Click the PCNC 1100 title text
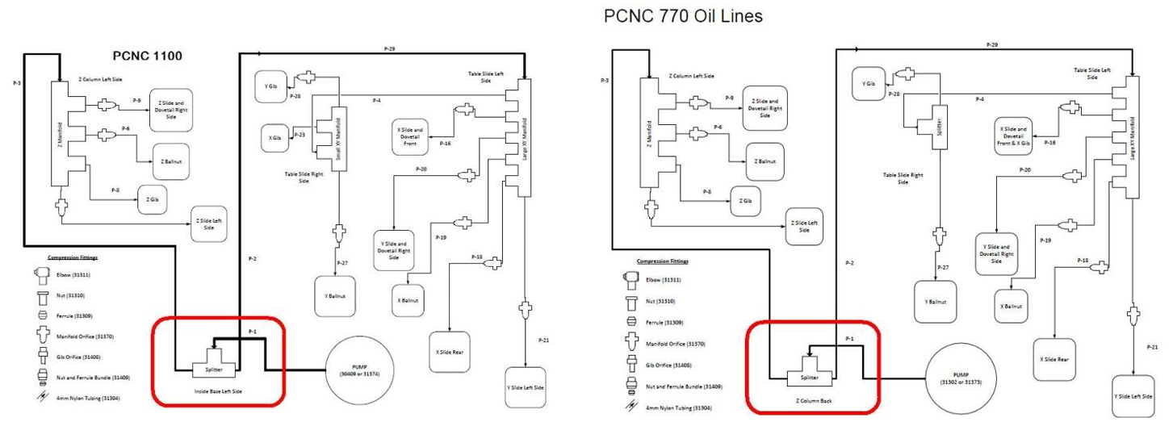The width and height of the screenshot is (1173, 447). [x=148, y=56]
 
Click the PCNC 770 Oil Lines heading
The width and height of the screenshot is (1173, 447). [x=682, y=15]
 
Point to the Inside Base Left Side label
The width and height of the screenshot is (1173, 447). [x=217, y=391]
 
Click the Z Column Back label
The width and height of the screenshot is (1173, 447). [x=811, y=400]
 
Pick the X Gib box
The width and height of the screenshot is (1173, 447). [x=274, y=138]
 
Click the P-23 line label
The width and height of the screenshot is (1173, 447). [x=301, y=134]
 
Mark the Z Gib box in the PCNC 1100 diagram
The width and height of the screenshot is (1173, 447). [x=152, y=198]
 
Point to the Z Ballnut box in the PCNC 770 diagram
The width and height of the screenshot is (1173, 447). [x=765, y=161]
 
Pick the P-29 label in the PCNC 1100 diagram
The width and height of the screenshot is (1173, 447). [x=389, y=49]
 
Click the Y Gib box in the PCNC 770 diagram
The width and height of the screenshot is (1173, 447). [x=869, y=84]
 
